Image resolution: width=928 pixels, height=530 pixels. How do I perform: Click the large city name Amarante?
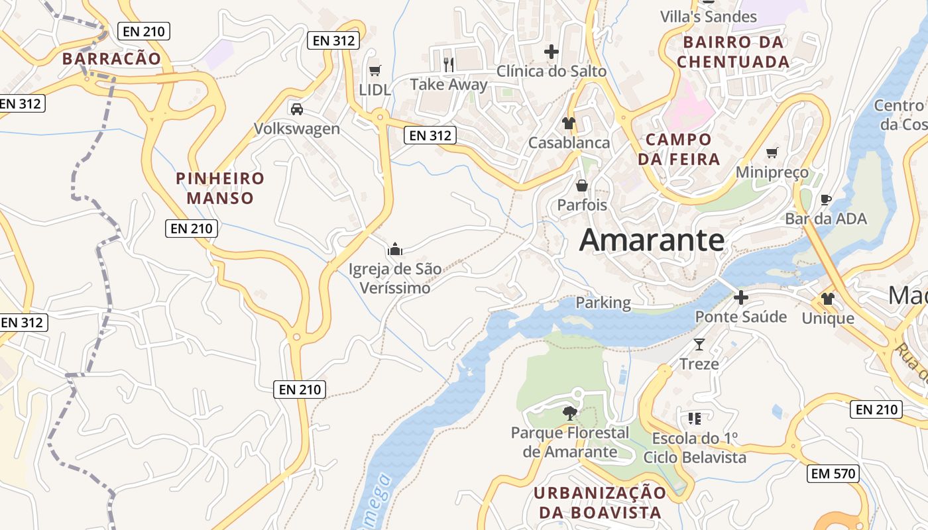point(652,240)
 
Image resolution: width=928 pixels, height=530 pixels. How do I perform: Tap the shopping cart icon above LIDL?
point(375,70)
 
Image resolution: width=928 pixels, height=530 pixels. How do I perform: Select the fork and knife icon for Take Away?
point(449,64)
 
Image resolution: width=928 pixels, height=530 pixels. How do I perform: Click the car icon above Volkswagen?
point(297,109)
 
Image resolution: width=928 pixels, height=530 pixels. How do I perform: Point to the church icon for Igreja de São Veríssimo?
point(395,249)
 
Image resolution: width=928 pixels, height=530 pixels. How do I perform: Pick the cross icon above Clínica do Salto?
point(551,51)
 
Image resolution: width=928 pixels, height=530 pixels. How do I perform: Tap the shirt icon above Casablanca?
point(568,123)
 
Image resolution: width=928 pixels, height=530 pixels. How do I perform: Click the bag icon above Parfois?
point(582,185)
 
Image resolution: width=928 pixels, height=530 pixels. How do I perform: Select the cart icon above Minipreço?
point(772,153)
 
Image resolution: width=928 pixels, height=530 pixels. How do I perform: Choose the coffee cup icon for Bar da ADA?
point(825,199)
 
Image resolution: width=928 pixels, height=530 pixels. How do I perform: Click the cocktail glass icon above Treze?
point(699,344)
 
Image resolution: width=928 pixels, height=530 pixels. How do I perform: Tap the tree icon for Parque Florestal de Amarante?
point(569,413)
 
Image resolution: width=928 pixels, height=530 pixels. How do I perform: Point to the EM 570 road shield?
point(834,474)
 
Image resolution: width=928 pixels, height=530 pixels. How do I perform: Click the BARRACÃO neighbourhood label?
point(111,58)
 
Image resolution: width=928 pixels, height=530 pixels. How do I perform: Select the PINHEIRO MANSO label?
point(219,188)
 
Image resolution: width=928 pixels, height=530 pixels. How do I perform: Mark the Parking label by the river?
point(603,303)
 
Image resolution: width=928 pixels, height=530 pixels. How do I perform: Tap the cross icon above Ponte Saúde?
point(740,297)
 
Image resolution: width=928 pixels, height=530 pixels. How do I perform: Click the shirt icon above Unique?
point(828,299)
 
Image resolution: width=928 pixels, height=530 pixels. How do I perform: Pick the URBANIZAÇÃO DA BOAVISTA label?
point(600,502)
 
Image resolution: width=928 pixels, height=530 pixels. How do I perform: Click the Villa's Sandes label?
point(709,17)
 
